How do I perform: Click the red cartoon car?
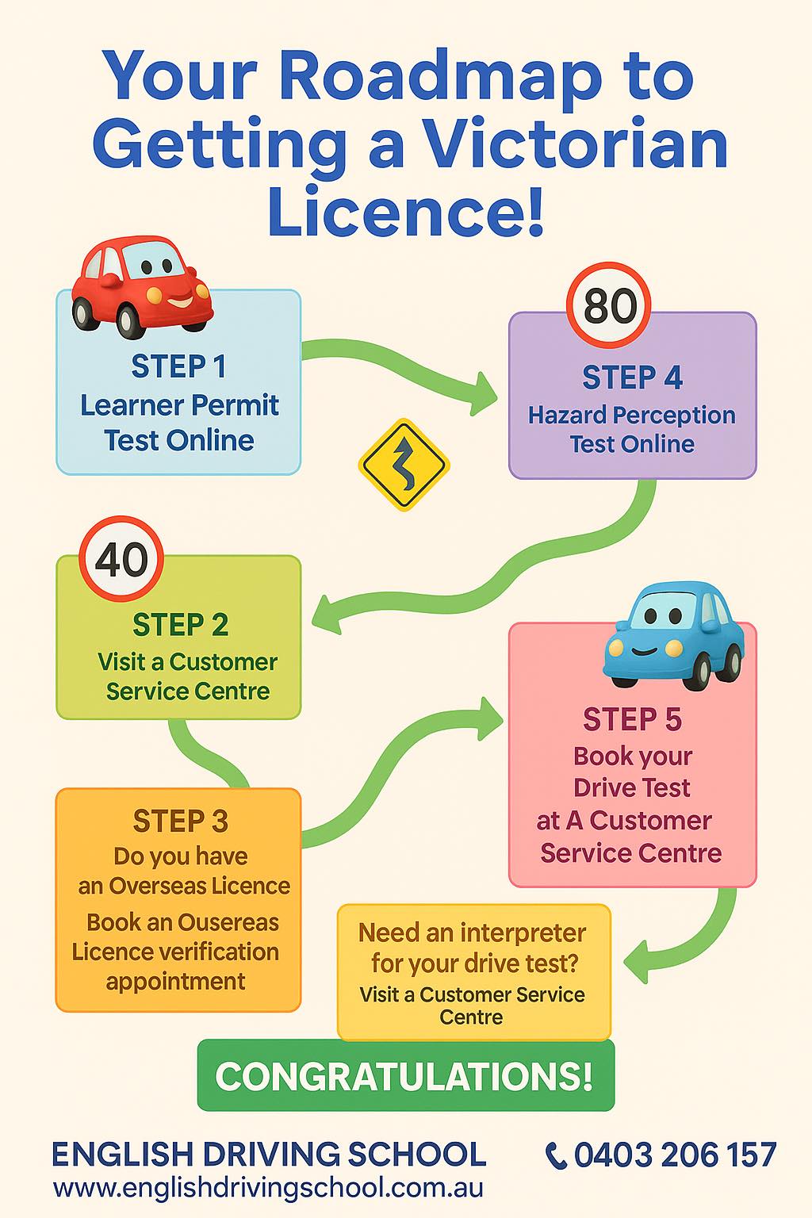click(x=143, y=286)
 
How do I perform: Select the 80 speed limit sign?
click(x=608, y=305)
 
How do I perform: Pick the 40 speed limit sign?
click(x=121, y=558)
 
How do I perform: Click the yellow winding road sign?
click(x=404, y=465)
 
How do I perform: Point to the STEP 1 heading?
click(x=178, y=366)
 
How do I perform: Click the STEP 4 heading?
click(x=632, y=377)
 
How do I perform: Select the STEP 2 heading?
click(x=180, y=625)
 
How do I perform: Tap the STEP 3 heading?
click(x=180, y=821)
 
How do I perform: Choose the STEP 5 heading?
click(x=632, y=719)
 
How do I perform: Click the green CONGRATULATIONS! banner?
click(x=406, y=1075)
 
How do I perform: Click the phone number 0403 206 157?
click(x=675, y=1155)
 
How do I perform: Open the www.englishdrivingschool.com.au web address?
click(x=268, y=1188)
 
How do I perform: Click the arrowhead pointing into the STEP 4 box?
click(x=484, y=393)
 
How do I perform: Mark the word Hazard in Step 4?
click(x=567, y=415)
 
